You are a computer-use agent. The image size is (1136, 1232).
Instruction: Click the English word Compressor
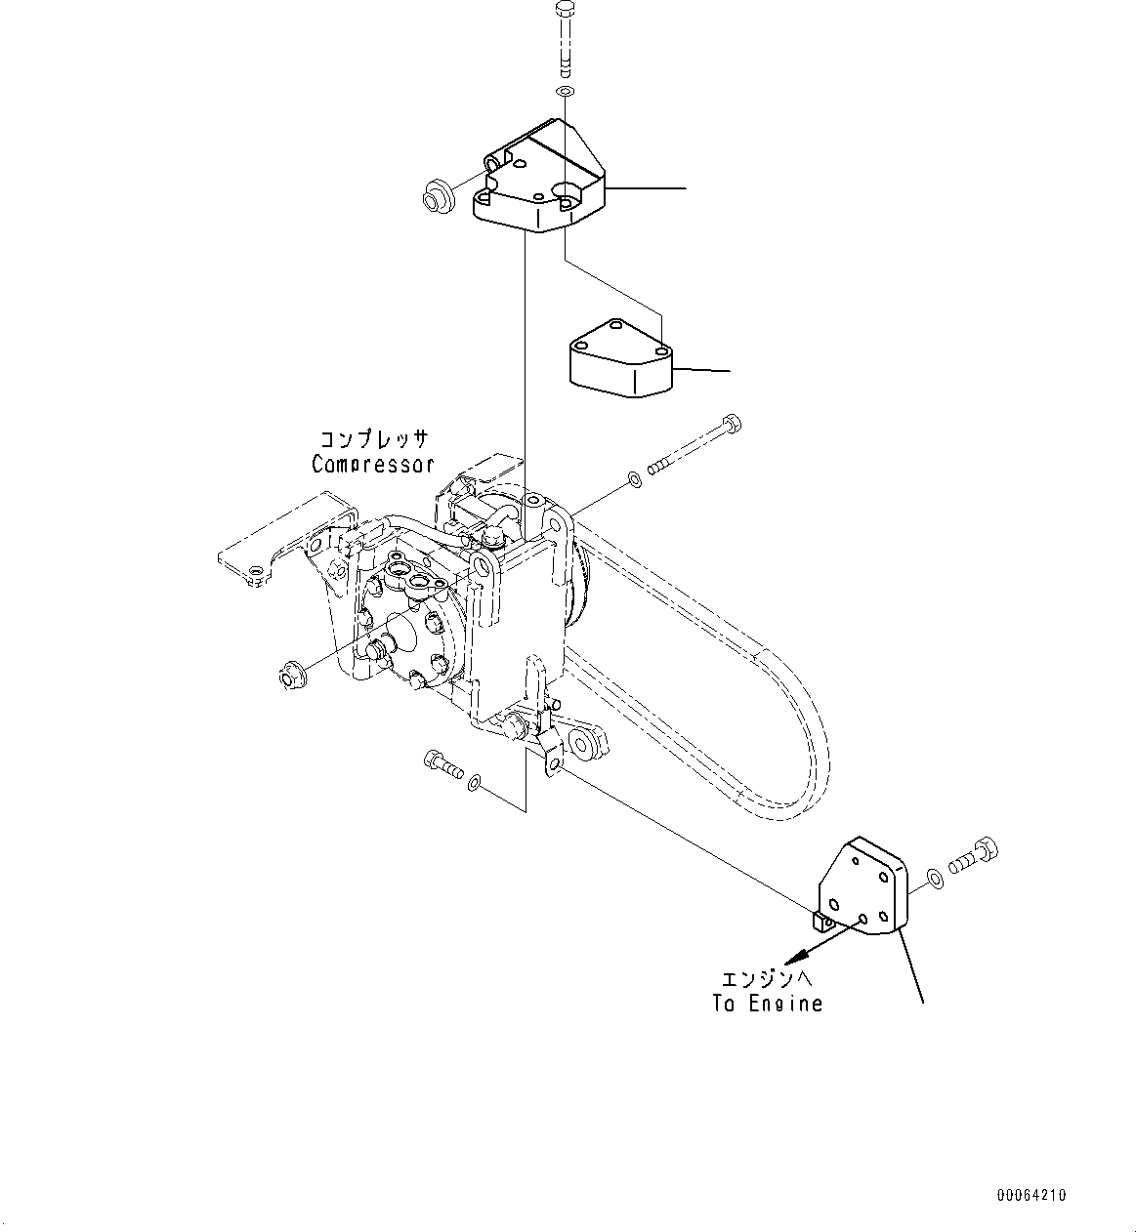click(x=372, y=465)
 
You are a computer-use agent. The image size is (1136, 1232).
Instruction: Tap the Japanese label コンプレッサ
click(x=374, y=439)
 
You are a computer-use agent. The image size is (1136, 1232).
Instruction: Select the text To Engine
click(x=767, y=1004)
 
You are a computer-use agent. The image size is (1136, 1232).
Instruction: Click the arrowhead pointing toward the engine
click(x=793, y=957)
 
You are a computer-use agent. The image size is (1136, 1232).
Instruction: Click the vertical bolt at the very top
click(x=565, y=41)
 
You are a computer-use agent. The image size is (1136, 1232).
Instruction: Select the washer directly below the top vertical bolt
click(x=565, y=92)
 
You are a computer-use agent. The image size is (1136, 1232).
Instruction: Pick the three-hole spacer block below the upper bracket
click(x=621, y=358)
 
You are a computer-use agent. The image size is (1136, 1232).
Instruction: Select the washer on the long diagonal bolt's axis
click(x=634, y=479)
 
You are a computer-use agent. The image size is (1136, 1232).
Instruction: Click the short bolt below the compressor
click(x=442, y=764)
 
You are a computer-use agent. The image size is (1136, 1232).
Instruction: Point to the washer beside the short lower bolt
click(x=474, y=783)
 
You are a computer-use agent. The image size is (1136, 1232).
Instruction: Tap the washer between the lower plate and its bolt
click(x=935, y=880)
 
